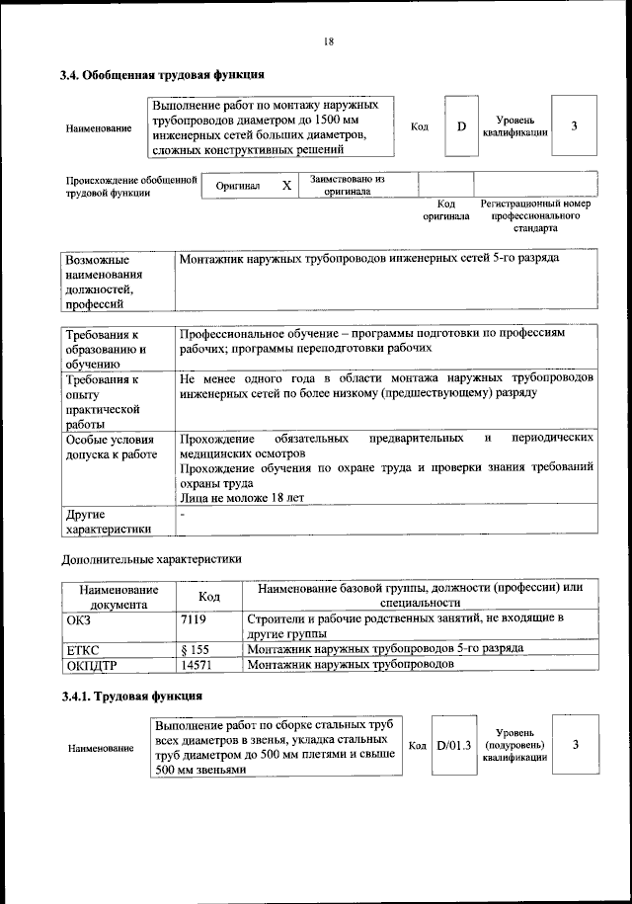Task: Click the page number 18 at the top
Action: tap(328, 41)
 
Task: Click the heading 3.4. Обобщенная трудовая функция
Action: tap(161, 74)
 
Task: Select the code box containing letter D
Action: tap(460, 127)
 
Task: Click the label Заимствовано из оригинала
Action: tap(347, 186)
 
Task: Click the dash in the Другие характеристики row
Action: tap(182, 515)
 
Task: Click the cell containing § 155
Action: tap(197, 649)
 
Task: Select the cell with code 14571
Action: tap(197, 665)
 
